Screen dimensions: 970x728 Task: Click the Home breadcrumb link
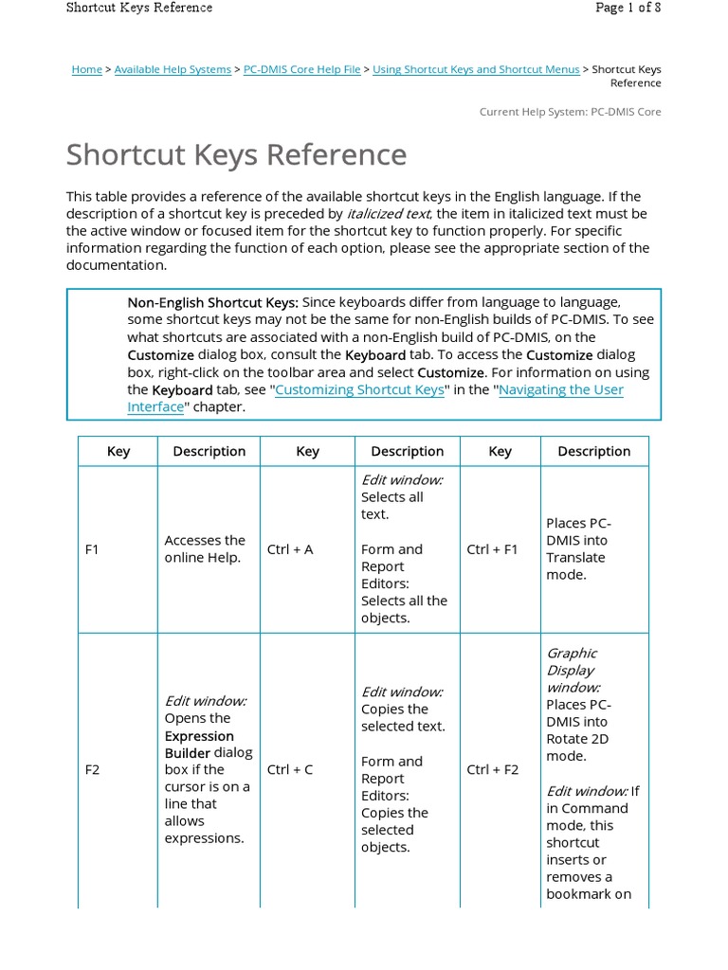click(x=86, y=69)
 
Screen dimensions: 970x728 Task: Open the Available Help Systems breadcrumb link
click(x=173, y=69)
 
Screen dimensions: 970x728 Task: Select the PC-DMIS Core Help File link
click(x=301, y=69)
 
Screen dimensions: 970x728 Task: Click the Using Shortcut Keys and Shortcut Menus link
click(x=476, y=69)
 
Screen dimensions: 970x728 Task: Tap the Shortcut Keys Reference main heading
click(x=236, y=155)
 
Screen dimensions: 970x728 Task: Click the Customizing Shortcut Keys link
click(x=359, y=389)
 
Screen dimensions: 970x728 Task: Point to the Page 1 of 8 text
click(x=628, y=8)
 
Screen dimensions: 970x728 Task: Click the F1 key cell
click(x=92, y=549)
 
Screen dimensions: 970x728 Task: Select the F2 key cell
click(x=92, y=769)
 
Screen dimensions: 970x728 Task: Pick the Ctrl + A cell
click(x=290, y=549)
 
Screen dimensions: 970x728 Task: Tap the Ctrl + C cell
click(x=290, y=769)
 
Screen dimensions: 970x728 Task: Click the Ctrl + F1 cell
click(x=492, y=549)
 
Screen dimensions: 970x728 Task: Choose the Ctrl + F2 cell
click(x=492, y=769)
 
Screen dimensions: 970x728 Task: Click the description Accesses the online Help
click(x=205, y=548)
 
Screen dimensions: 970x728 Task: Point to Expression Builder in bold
click(x=199, y=744)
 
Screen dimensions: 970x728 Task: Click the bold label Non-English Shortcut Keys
click(x=212, y=302)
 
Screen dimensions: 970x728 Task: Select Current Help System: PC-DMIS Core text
click(x=570, y=112)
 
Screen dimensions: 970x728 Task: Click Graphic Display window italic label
click(x=573, y=670)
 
